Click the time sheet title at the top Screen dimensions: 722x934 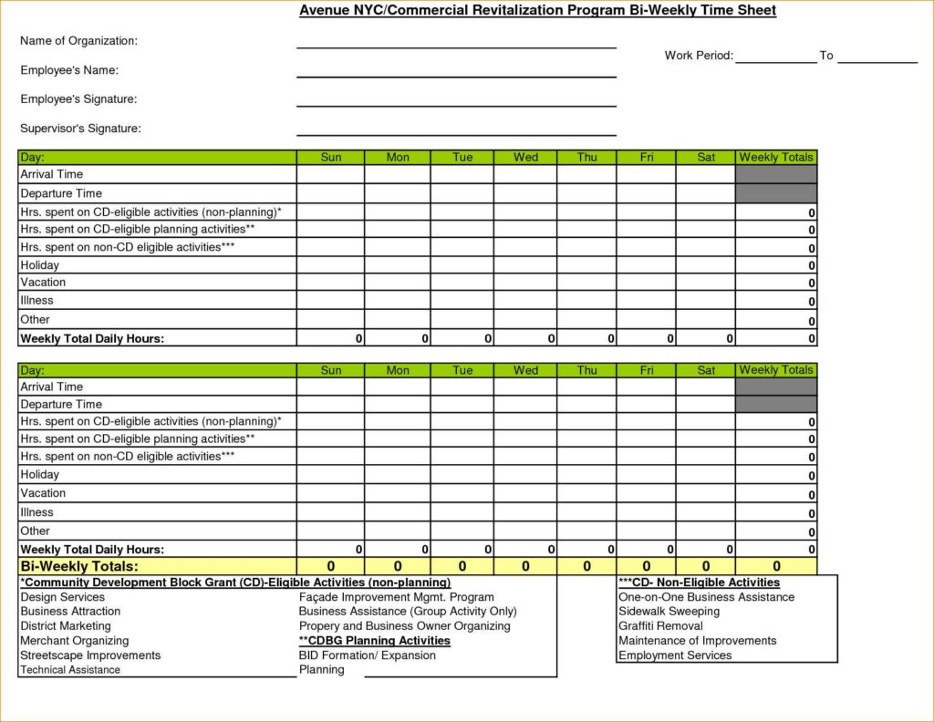pos(538,11)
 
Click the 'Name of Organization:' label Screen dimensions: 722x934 pos(78,41)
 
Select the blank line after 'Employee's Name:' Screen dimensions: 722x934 pos(456,71)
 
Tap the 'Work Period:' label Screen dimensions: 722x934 pos(699,56)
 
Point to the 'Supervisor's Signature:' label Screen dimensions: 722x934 pos(80,129)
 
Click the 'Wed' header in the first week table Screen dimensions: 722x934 pos(525,158)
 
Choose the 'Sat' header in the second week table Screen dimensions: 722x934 pos(706,370)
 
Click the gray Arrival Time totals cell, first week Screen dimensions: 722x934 pos(776,174)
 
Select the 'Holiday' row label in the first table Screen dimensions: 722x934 pos(39,265)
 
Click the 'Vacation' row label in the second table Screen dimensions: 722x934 pos(43,493)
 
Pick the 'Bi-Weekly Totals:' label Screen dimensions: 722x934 pos(79,567)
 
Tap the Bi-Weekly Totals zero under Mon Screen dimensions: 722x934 pos(398,567)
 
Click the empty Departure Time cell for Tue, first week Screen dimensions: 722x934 pos(462,193)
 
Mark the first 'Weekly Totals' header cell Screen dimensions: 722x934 pos(776,158)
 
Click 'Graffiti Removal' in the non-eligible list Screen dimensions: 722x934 pos(660,626)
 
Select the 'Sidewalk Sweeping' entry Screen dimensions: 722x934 pos(669,612)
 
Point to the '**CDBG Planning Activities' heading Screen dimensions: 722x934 pos(375,641)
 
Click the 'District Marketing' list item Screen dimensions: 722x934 pos(66,626)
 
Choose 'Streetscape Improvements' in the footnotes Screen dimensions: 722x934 pos(90,655)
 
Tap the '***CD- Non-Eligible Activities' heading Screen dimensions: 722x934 pos(699,583)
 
